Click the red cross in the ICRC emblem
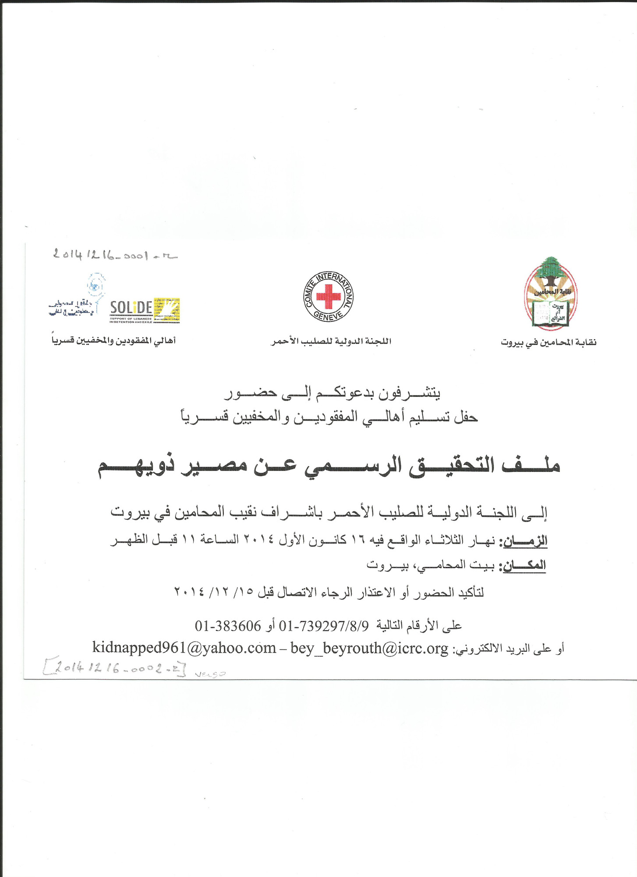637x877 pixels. point(329,296)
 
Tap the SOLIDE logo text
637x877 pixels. point(131,308)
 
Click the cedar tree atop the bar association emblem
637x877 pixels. point(550,270)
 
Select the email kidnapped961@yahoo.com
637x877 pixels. point(184,648)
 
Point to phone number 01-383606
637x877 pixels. point(228,626)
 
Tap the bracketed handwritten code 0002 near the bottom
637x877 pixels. point(114,669)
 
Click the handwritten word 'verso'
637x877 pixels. point(210,674)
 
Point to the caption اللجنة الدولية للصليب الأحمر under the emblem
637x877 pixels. point(331,341)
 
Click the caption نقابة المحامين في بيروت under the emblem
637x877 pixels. point(549,342)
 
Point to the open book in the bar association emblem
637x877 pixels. point(551,314)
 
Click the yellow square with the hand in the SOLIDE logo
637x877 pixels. point(167,310)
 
